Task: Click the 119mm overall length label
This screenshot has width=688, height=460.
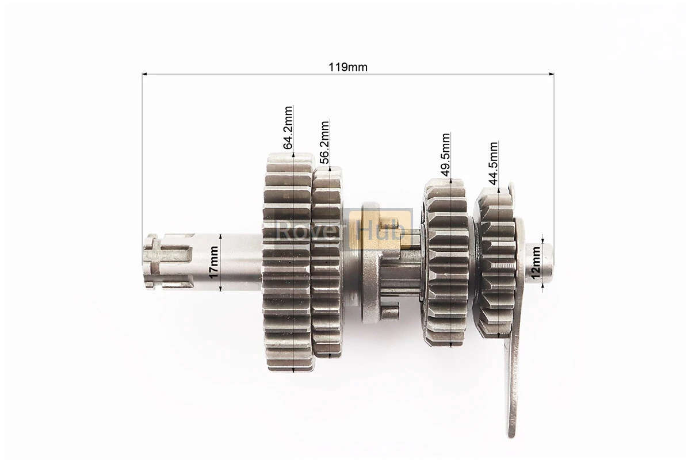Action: pyautogui.click(x=348, y=67)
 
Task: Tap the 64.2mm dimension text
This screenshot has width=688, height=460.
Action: pyautogui.click(x=288, y=128)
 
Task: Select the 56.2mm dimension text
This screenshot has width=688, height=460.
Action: pyautogui.click(x=324, y=141)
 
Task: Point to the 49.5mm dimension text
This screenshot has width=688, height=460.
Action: pyautogui.click(x=446, y=155)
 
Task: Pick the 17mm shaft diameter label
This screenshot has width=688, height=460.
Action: pyautogui.click(x=213, y=262)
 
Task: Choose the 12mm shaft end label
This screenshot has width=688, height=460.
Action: pyautogui.click(x=536, y=263)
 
